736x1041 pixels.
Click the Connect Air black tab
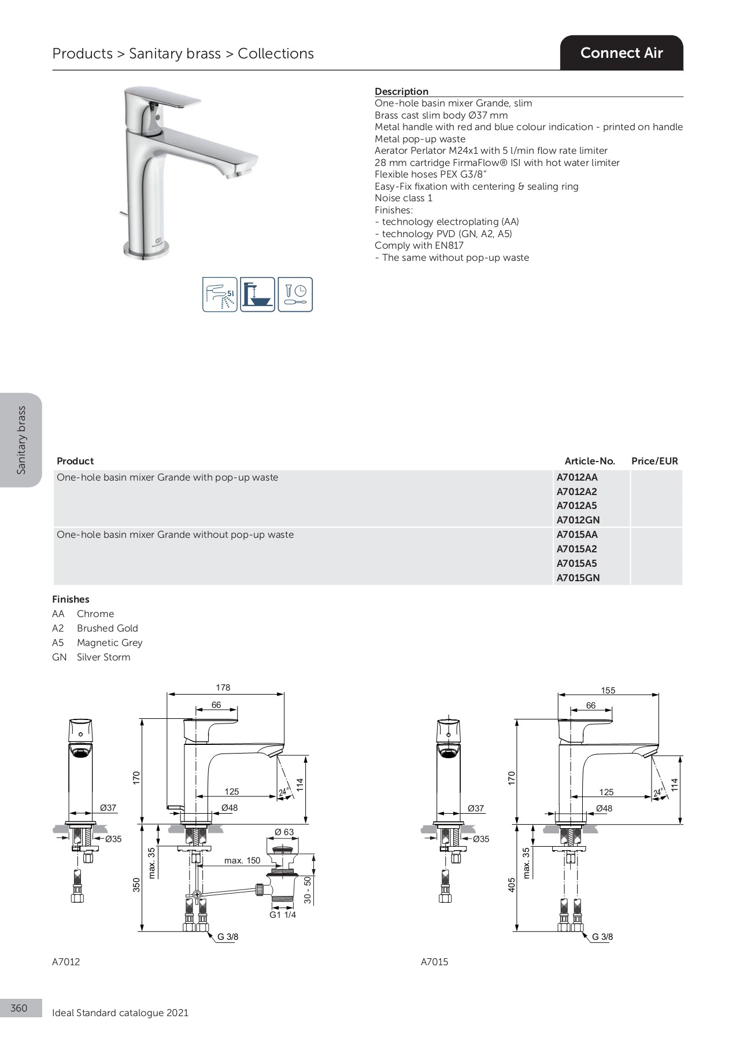(x=622, y=53)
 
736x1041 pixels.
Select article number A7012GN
(x=578, y=520)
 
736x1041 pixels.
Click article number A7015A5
(x=576, y=563)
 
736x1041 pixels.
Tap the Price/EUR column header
(x=654, y=461)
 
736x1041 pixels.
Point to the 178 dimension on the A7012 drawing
(x=223, y=688)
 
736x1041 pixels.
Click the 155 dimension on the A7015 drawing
(x=608, y=690)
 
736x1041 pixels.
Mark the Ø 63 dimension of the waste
(x=284, y=832)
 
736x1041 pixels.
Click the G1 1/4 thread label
(x=283, y=914)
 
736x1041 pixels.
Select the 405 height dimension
(x=511, y=884)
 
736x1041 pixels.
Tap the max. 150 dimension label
(x=242, y=860)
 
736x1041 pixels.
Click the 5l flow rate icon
(x=220, y=294)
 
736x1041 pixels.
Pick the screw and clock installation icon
(x=295, y=294)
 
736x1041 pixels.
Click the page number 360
(x=19, y=1008)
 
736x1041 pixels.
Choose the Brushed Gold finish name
(x=108, y=628)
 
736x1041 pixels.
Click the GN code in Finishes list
(x=59, y=657)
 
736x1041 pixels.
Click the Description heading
(x=401, y=91)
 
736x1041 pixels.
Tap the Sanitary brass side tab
(x=21, y=440)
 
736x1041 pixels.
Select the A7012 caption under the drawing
(x=66, y=962)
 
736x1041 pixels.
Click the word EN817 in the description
(x=449, y=245)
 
